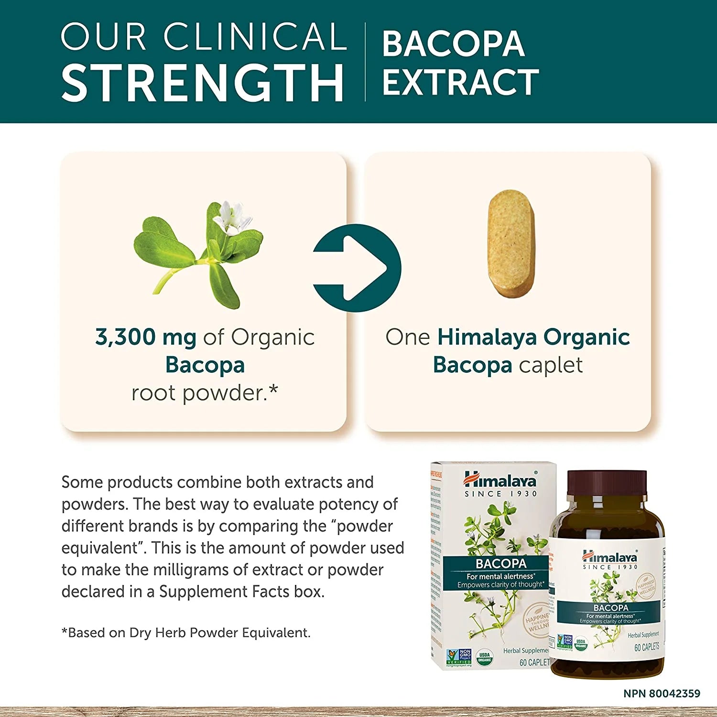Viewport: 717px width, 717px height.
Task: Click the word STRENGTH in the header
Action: [203, 82]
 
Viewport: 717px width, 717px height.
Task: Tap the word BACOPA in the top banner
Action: [453, 44]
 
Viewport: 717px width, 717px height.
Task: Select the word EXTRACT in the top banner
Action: [460, 82]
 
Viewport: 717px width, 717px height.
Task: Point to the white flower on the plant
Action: [232, 217]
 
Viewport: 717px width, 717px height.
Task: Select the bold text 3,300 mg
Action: [146, 337]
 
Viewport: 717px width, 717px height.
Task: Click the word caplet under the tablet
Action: [551, 365]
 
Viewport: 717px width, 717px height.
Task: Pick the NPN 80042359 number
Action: [662, 693]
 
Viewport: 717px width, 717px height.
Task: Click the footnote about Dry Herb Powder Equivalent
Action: [186, 632]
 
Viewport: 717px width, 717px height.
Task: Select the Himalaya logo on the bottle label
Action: [610, 557]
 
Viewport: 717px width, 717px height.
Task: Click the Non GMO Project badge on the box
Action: [458, 657]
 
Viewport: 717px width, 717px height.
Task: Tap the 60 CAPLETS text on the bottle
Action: [646, 647]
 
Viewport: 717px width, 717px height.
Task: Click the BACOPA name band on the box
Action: [500, 564]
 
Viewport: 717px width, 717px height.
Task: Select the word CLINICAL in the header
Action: [255, 36]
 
